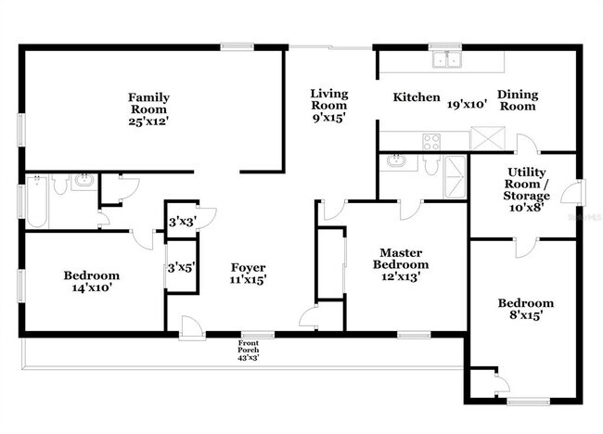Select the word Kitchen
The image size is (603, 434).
pyautogui.click(x=416, y=97)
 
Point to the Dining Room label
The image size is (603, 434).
pyautogui.click(x=518, y=100)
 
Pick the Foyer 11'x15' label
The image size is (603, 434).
pyautogui.click(x=249, y=274)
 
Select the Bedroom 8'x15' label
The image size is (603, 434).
pyautogui.click(x=525, y=309)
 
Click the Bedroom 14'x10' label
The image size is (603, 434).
pyautogui.click(x=91, y=281)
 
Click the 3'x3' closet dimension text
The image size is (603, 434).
pyautogui.click(x=180, y=222)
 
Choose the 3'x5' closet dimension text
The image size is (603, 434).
pyautogui.click(x=180, y=268)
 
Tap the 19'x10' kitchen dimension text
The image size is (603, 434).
pyautogui.click(x=468, y=104)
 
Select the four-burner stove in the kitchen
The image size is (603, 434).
pyautogui.click(x=432, y=142)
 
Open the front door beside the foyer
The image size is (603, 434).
pyautogui.click(x=193, y=325)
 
